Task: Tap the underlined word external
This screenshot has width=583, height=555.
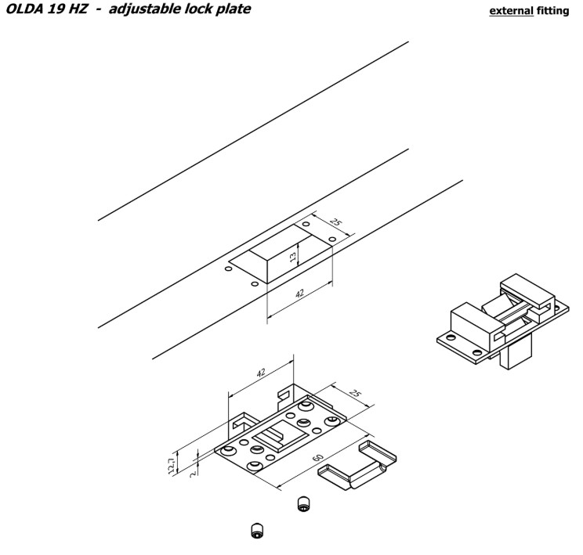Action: coord(510,12)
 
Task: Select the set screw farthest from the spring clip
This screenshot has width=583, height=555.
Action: coord(255,531)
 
